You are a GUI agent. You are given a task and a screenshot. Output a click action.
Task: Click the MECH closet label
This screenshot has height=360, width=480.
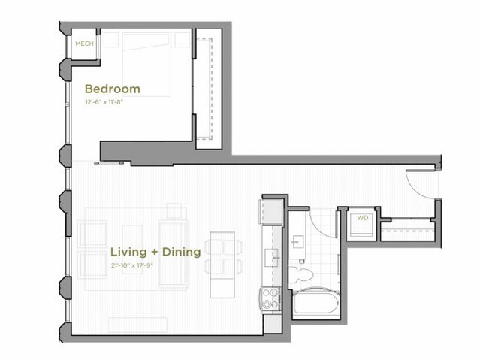tap(84, 44)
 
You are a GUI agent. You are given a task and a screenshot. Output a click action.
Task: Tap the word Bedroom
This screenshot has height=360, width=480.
tap(112, 89)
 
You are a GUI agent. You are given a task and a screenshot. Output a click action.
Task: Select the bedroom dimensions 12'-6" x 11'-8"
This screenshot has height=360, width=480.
tap(104, 101)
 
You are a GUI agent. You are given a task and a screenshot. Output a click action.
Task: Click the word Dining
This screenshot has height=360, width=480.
tap(181, 252)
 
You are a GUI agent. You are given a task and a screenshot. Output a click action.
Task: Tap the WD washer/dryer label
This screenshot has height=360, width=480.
tap(362, 219)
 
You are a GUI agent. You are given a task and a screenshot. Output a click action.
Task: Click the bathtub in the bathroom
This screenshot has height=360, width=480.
tap(315, 304)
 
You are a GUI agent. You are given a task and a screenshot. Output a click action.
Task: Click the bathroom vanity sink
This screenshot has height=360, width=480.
tap(299, 242)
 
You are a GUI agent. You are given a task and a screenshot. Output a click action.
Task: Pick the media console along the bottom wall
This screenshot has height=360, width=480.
tap(137, 324)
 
